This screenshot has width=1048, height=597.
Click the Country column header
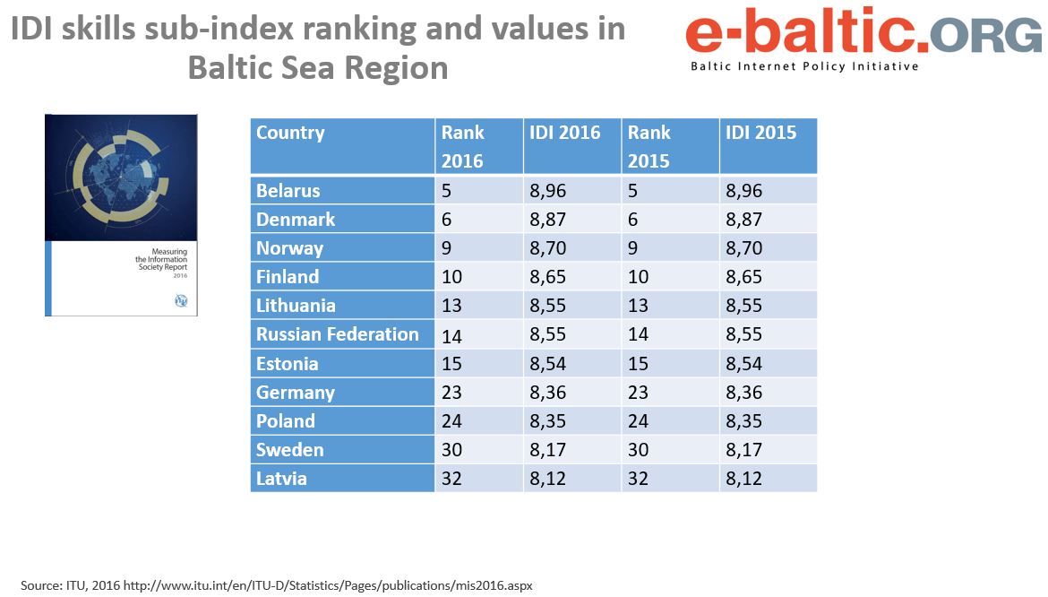[x=290, y=134]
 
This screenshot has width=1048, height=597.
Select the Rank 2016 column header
[x=462, y=146]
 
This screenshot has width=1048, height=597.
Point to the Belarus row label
[x=288, y=191]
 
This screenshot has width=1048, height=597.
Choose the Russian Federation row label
[x=338, y=334]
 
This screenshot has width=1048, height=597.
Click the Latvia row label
[x=281, y=478]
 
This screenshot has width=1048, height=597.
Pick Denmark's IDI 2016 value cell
[x=548, y=220]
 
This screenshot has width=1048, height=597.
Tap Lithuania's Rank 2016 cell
[x=451, y=306]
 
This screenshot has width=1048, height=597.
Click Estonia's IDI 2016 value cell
[x=548, y=363]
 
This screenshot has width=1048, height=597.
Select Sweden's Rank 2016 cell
[x=452, y=449]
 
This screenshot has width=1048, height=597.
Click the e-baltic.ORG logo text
[x=863, y=33]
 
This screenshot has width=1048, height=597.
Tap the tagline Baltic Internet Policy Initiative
[x=803, y=66]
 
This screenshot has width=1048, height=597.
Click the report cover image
[x=121, y=215]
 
